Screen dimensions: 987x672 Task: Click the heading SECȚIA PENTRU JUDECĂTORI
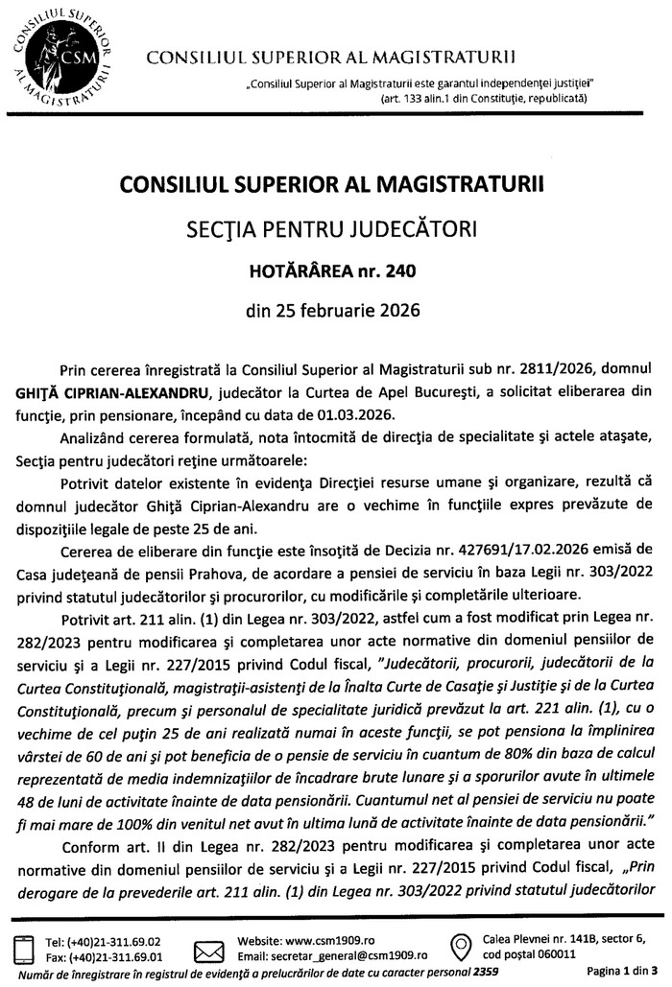click(336, 230)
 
